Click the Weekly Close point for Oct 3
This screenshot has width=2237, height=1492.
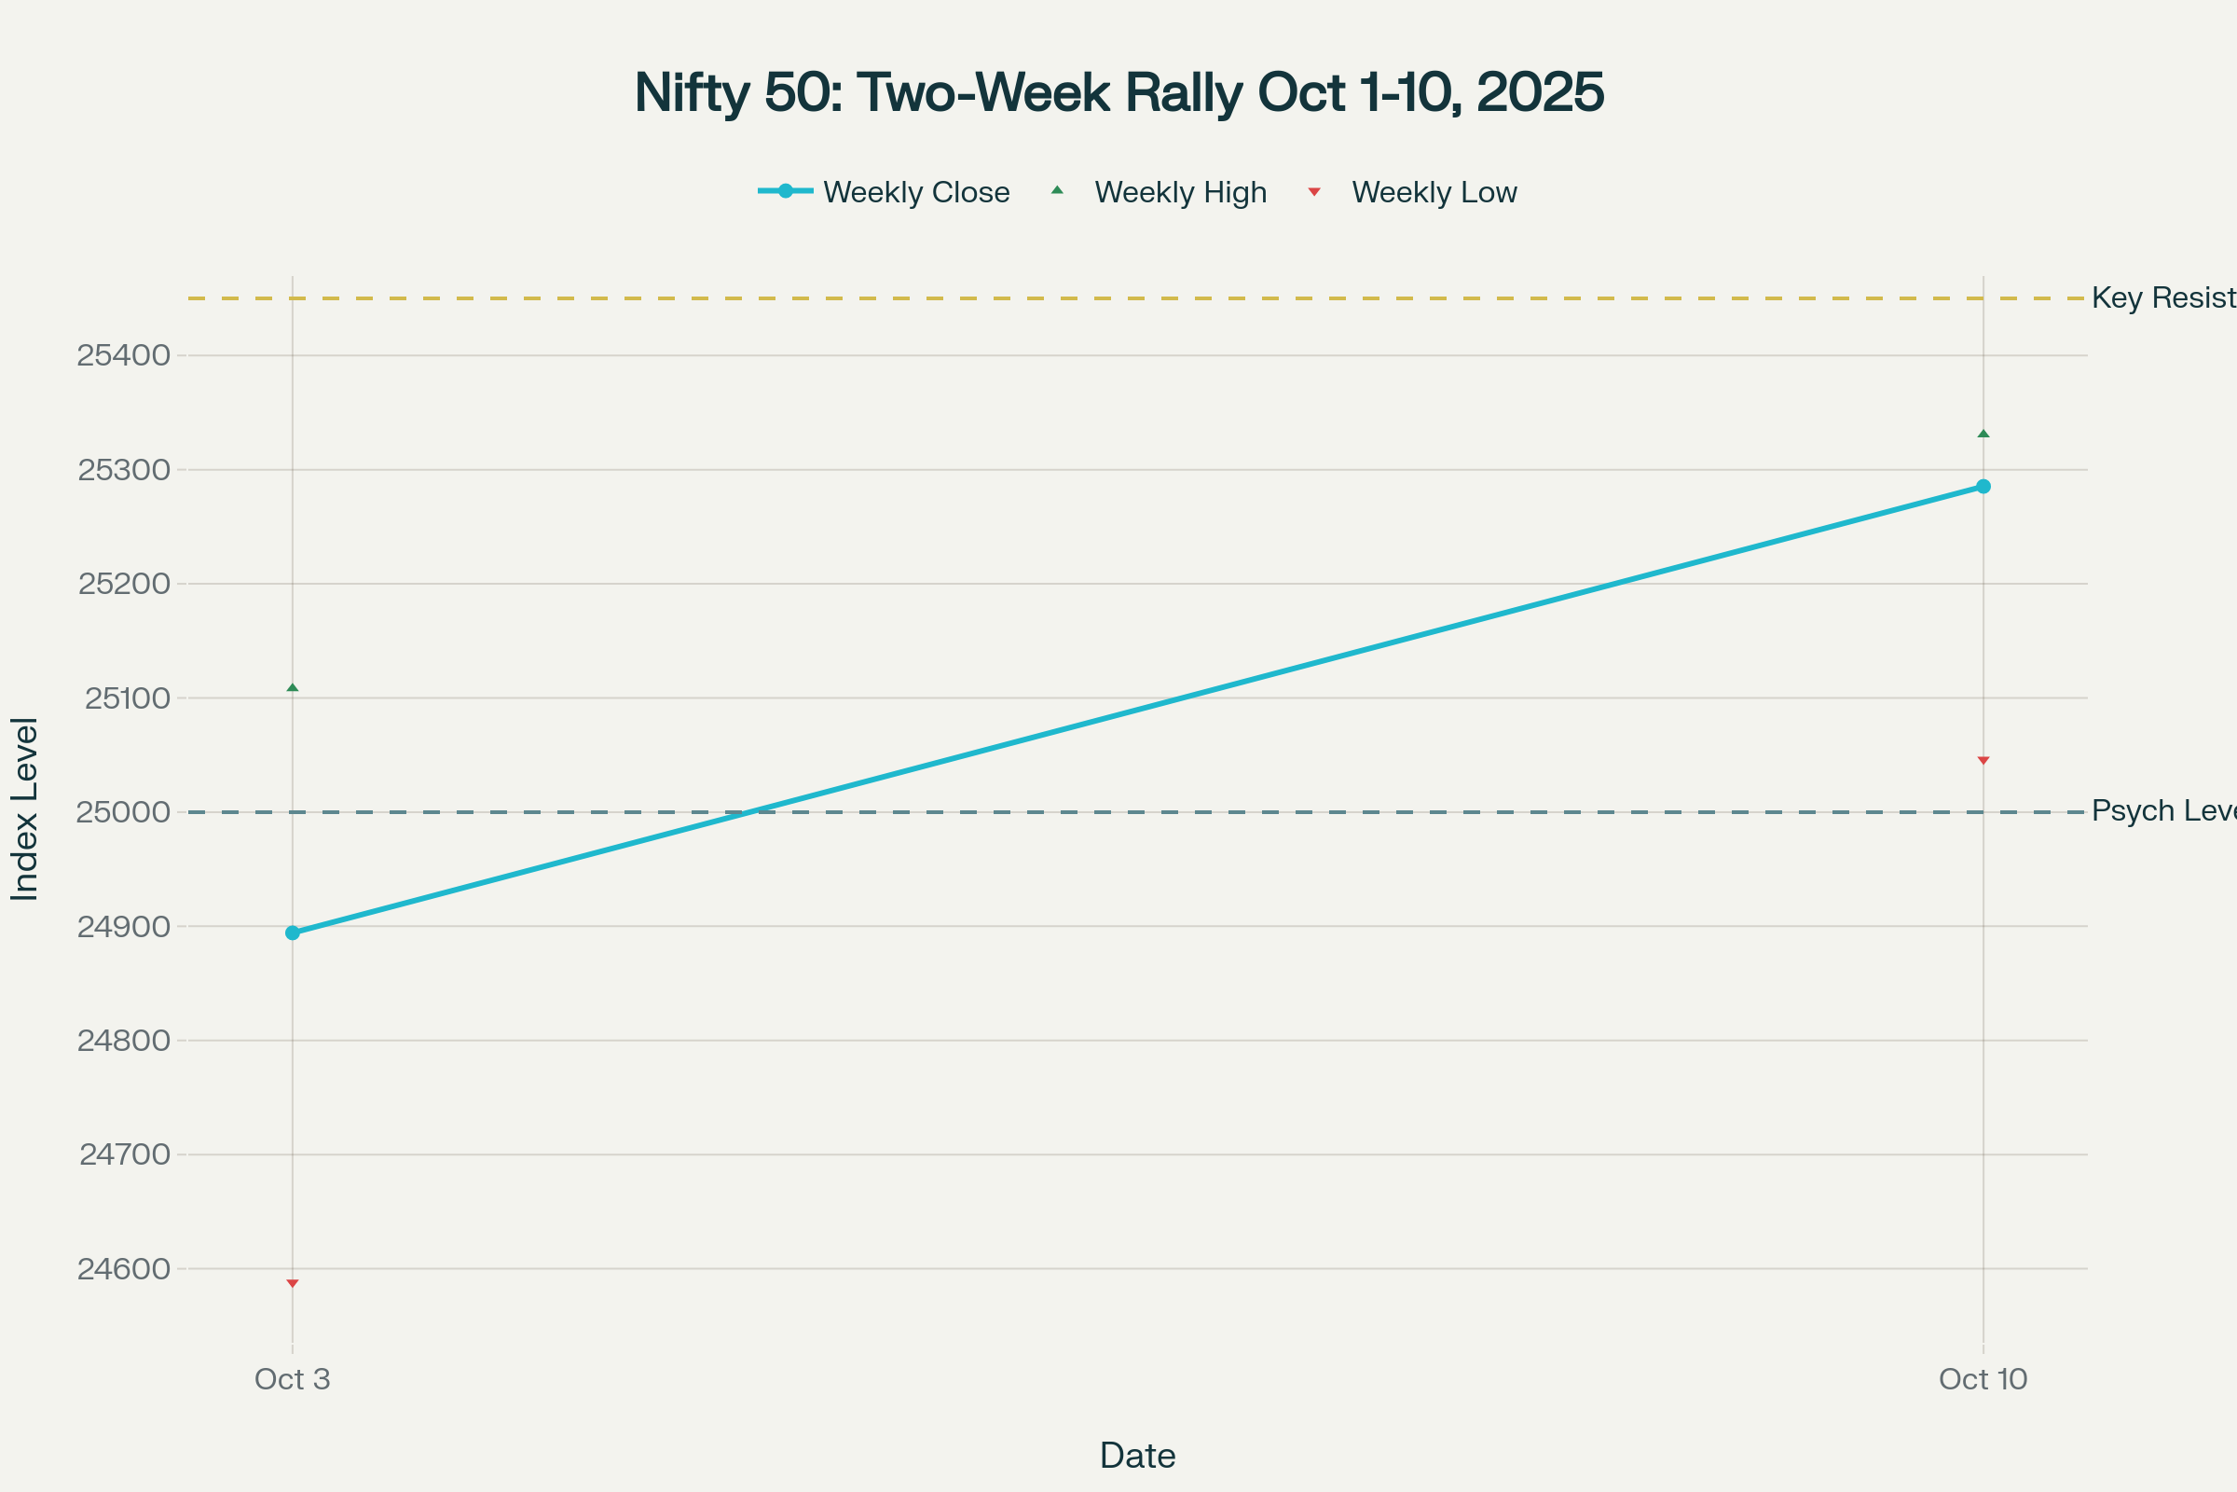292,932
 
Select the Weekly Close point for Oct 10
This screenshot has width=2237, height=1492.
1983,486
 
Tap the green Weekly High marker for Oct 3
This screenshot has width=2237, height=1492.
292,687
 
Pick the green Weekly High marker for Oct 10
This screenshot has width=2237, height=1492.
1983,434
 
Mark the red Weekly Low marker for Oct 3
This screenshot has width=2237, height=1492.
292,1284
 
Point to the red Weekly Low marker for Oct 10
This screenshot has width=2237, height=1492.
1983,760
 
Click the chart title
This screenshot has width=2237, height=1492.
1118,92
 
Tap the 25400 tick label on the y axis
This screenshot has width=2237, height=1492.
124,356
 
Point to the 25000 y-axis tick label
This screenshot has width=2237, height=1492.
124,812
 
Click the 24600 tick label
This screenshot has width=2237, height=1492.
124,1269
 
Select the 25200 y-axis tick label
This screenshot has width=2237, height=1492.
124,585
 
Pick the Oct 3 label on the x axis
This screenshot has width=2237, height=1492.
292,1379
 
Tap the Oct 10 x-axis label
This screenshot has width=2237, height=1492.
1983,1379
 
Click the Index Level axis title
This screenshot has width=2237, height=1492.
25,808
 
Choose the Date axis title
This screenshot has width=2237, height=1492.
1137,1456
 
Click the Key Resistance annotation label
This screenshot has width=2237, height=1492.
2162,297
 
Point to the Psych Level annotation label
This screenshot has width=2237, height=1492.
2162,810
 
